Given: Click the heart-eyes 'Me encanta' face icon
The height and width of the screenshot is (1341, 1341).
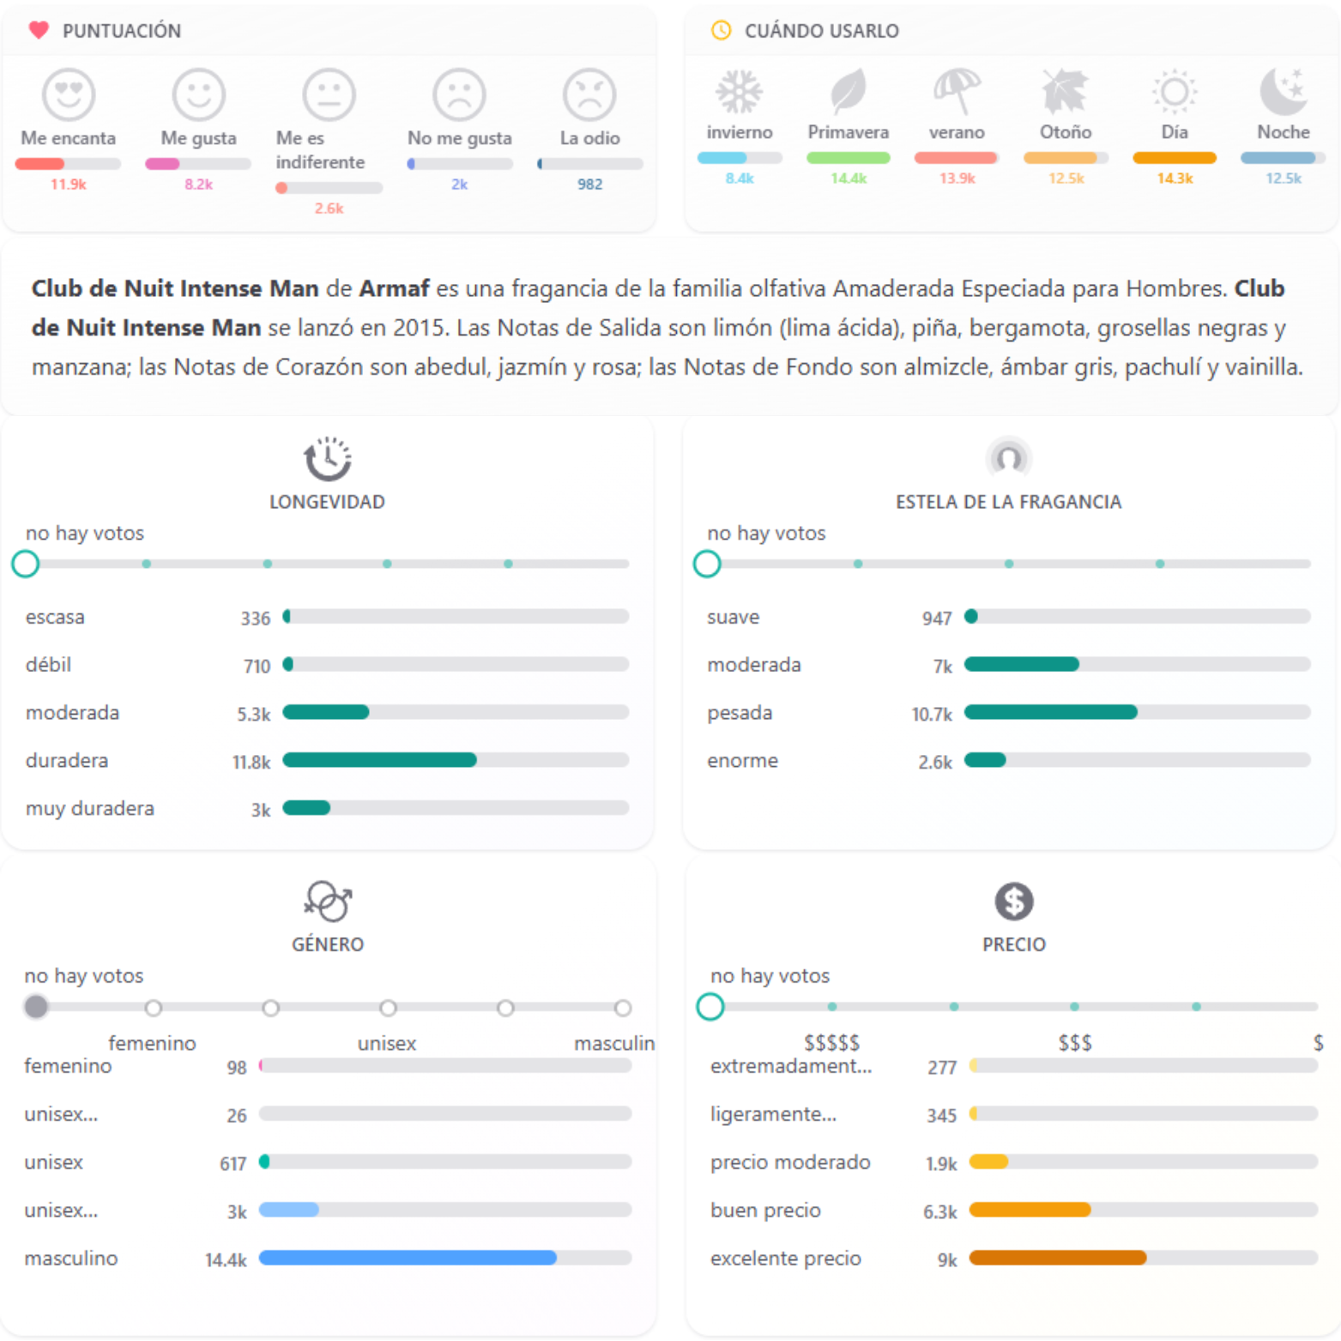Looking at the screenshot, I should tap(69, 94).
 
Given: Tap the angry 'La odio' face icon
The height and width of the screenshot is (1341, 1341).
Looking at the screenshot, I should tap(589, 94).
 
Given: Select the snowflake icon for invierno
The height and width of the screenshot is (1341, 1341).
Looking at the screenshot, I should tap(739, 92).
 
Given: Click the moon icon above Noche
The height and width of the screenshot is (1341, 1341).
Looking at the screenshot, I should tap(1284, 92).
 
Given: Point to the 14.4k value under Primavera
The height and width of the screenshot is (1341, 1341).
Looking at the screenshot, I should tap(848, 178).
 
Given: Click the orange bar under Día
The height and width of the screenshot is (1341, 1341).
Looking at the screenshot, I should tap(1174, 158).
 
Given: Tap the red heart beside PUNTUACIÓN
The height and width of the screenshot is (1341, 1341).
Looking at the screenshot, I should tap(39, 31).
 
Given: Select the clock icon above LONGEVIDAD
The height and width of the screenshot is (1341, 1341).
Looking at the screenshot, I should tap(327, 459).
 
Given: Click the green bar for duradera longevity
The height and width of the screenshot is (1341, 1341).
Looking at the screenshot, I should tap(379, 760).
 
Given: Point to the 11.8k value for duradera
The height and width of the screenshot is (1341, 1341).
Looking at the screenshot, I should tap(251, 762).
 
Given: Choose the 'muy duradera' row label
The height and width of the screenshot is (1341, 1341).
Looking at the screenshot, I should tap(90, 808).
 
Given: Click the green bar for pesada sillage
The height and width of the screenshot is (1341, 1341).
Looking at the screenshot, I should tap(1050, 712).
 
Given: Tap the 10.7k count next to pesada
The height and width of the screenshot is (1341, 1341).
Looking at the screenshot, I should tap(932, 714).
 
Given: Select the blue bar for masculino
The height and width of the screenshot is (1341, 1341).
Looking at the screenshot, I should tap(408, 1258).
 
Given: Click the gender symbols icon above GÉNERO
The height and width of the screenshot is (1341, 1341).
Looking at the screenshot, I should tap(328, 902).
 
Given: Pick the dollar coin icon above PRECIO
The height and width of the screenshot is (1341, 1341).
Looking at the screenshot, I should tap(1013, 901).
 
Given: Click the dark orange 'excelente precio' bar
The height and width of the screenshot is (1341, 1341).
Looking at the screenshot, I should tap(1057, 1258).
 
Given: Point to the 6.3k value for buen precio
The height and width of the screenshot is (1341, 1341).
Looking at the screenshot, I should tap(939, 1211).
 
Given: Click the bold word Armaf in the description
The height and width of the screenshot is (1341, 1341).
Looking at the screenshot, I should tap(393, 288).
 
